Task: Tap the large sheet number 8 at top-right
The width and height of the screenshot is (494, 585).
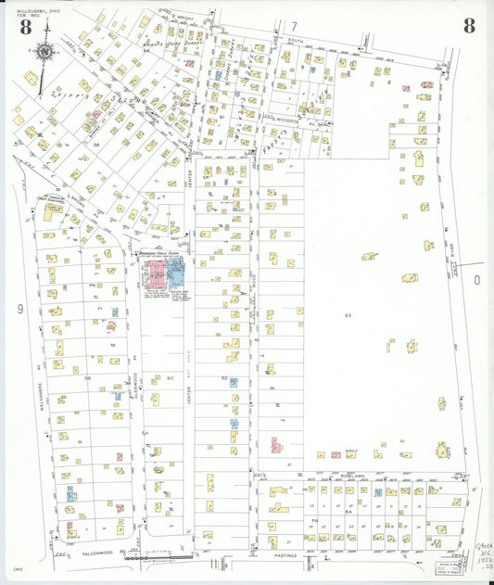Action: coord(469,25)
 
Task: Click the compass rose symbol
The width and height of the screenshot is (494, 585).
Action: coord(44,52)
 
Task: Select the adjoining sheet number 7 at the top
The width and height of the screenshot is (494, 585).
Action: coord(294,26)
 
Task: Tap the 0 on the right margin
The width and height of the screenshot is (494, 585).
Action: coord(478,279)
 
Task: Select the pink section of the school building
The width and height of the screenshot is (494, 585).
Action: coord(155,273)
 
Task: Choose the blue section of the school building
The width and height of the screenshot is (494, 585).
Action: coord(176,273)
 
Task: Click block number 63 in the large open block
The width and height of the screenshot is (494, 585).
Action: coord(348,316)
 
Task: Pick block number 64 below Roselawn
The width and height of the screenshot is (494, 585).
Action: coord(349,511)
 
